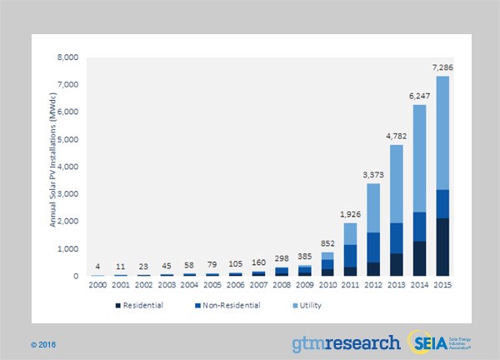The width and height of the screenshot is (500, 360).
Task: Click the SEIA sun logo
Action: point(422,342)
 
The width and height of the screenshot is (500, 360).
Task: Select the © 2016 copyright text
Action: point(43,343)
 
